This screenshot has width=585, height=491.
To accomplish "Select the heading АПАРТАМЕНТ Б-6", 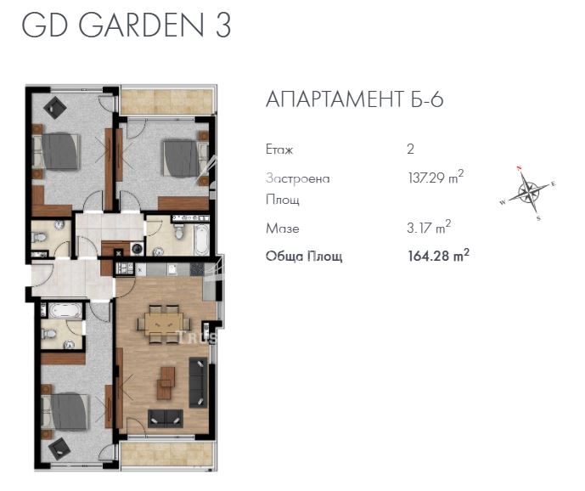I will click(x=355, y=100).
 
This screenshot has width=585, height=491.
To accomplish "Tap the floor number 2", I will click(x=411, y=150).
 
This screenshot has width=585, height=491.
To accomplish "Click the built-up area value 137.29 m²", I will click(x=436, y=178).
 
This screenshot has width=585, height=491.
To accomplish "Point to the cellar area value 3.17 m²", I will click(x=429, y=228).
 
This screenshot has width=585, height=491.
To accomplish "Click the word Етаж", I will click(x=279, y=150).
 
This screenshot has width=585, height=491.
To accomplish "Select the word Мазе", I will click(x=282, y=229).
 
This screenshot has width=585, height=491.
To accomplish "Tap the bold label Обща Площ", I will click(x=304, y=257).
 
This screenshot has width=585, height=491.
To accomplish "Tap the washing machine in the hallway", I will click(x=136, y=249).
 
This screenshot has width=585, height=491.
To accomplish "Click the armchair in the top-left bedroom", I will click(x=56, y=106).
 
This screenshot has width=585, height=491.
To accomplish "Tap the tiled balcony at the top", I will click(x=166, y=101).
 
